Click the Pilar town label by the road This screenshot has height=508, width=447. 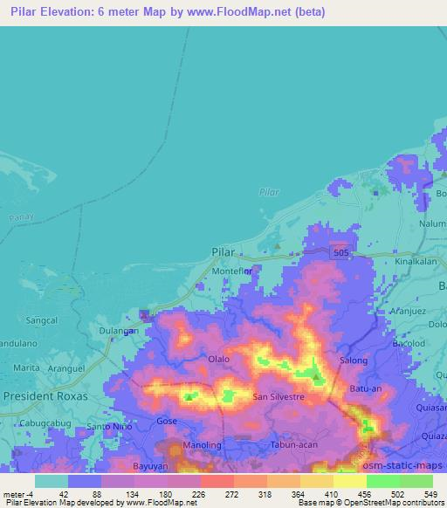tap(223, 251)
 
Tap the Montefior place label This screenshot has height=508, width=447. tap(233, 271)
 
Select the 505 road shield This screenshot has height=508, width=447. tap(343, 252)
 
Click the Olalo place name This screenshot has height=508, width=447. tap(218, 359)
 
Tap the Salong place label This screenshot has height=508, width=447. tap(354, 360)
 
